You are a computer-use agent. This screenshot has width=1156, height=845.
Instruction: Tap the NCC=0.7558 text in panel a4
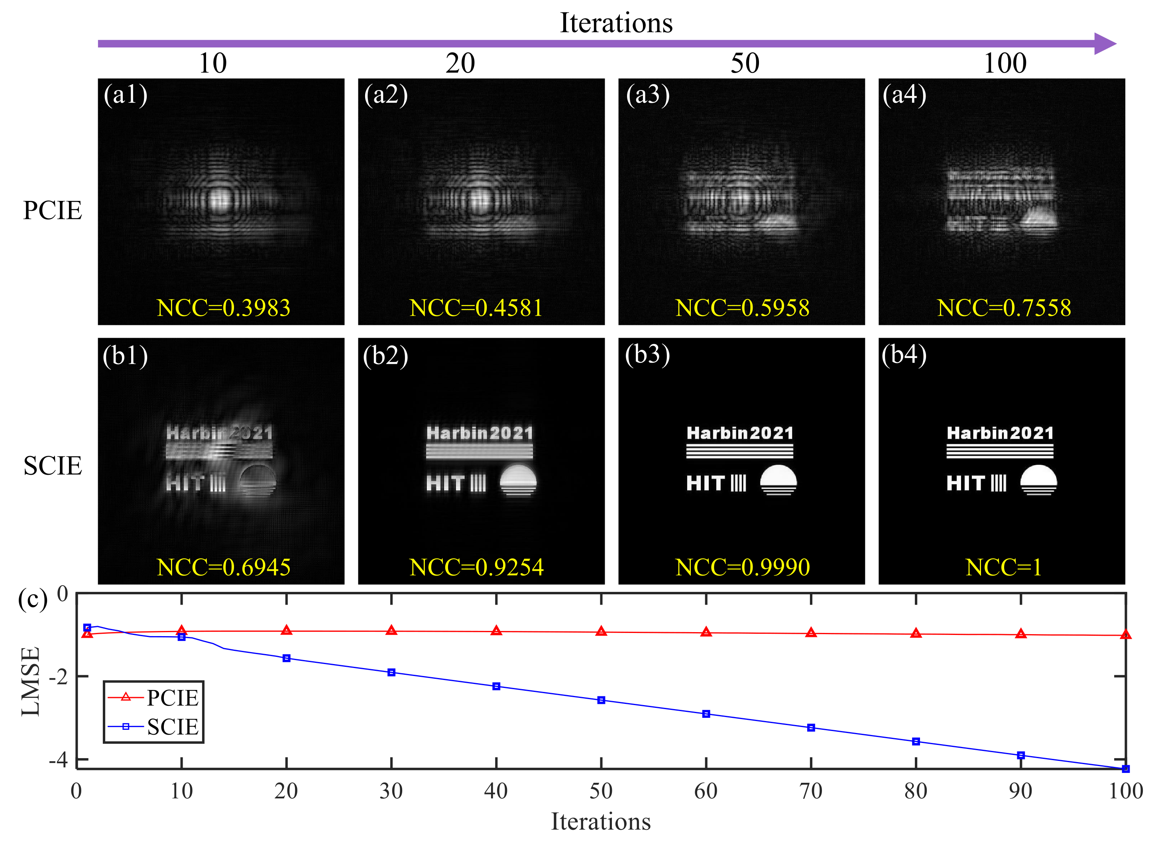[1004, 308]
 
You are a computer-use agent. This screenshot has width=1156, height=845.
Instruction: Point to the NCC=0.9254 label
[476, 567]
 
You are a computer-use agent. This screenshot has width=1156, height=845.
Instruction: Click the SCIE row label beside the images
[53, 466]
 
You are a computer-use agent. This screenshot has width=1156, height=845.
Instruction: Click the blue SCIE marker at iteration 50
[601, 700]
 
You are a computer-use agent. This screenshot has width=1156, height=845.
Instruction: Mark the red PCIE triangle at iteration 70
[811, 633]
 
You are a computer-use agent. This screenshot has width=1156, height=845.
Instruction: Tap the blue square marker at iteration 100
[1125, 769]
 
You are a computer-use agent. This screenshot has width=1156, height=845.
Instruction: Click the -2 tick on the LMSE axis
[58, 677]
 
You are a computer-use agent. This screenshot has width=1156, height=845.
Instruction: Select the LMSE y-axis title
[31, 681]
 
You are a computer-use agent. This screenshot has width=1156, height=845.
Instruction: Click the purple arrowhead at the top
[1105, 43]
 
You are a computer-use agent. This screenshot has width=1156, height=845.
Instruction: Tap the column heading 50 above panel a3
[745, 63]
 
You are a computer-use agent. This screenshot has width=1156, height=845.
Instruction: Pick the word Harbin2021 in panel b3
[739, 433]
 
